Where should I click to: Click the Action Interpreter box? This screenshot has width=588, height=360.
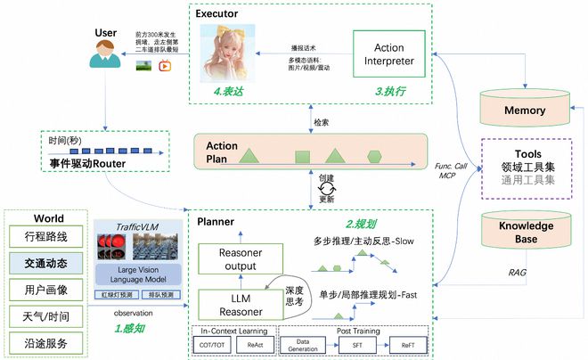pos(390,55)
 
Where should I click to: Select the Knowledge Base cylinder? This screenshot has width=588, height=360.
pos(524,231)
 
